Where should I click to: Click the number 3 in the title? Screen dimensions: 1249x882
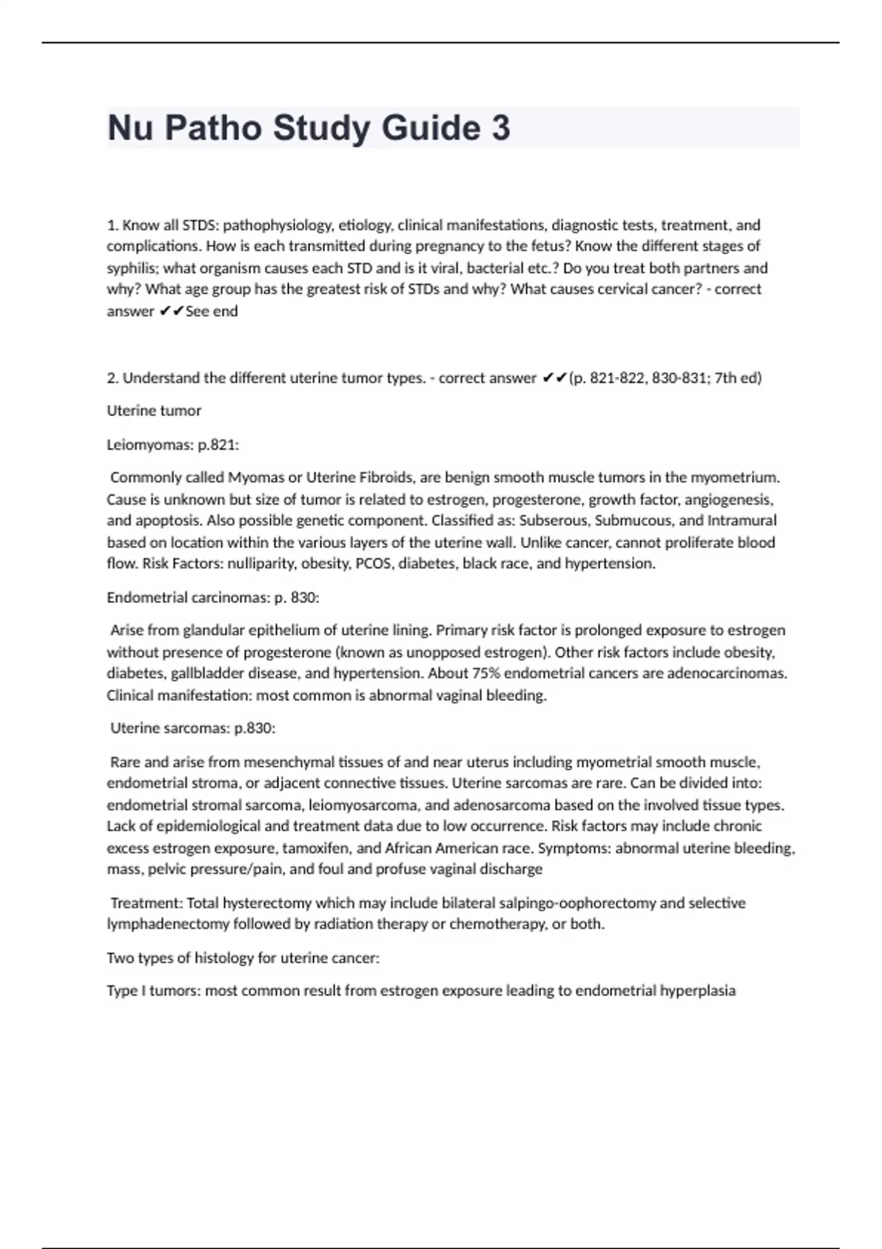500,128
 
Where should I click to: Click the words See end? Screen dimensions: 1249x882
212,312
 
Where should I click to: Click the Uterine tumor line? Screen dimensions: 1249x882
154,411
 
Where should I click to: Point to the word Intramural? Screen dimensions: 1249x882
742,521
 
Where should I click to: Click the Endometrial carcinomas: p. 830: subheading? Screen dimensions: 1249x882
212,597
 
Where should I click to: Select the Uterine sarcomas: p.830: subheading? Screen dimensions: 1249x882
193,728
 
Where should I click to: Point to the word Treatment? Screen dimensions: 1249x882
146,903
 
